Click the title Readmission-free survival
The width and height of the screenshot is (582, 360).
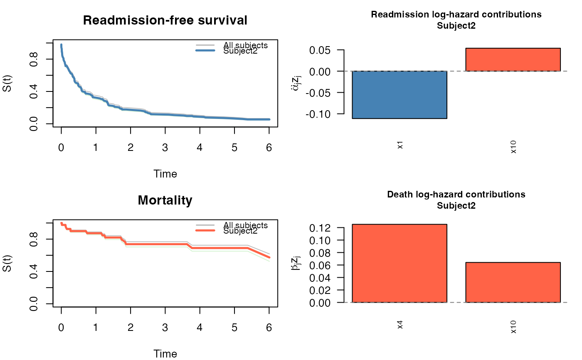point(165,20)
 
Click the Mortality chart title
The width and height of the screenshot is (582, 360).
point(165,201)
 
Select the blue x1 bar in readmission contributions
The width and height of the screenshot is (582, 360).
point(399,95)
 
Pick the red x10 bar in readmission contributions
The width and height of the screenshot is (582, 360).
point(513,59)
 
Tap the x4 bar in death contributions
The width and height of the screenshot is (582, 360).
point(399,263)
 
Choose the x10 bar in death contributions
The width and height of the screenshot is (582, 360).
point(513,282)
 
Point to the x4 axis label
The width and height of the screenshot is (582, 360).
point(400,325)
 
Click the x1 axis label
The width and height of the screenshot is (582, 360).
point(400,146)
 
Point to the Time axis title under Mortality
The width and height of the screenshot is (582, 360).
point(165,354)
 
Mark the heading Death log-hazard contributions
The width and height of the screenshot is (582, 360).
point(456,195)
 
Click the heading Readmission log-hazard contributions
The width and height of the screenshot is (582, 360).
point(456,15)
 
